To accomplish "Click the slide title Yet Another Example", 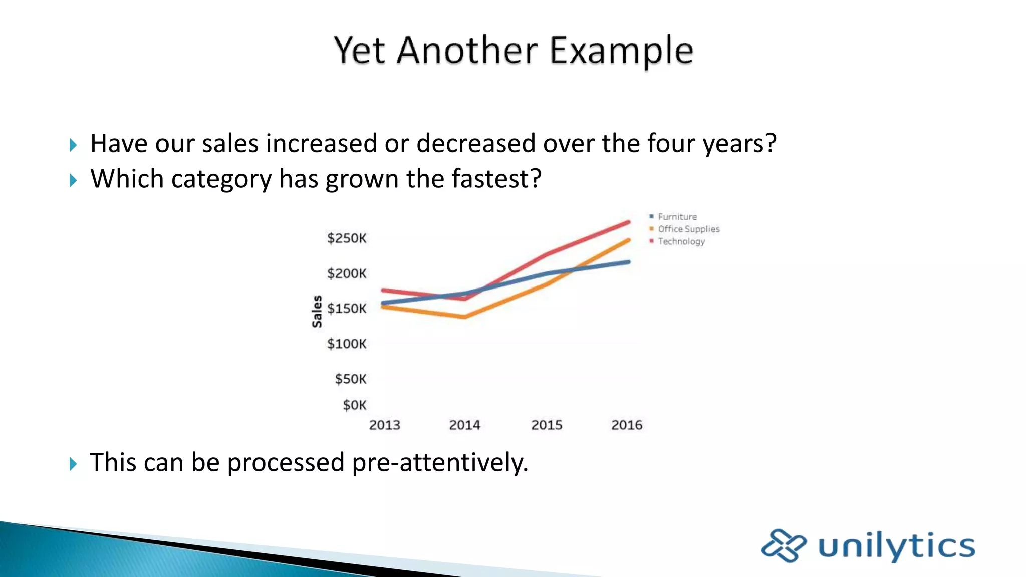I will click(514, 51).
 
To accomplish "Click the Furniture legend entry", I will click(677, 217).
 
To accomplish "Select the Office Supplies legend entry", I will click(688, 229).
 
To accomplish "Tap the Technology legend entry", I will click(681, 241).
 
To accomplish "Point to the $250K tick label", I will click(347, 238).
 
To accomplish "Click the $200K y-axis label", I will click(347, 273).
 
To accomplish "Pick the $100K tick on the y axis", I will click(347, 344).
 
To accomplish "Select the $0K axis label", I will click(354, 405).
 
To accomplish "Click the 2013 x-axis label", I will click(384, 425).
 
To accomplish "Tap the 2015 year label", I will click(547, 425).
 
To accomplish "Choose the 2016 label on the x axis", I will click(627, 425).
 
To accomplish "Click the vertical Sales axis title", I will click(317, 311).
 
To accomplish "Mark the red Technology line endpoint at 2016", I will click(628, 222).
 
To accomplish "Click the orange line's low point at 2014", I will click(465, 317).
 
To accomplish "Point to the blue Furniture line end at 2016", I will click(628, 262).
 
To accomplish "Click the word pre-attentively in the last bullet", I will click(439, 462).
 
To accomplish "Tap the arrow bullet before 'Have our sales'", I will click(73, 145).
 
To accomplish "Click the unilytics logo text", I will click(896, 546).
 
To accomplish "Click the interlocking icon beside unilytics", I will click(784, 545).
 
